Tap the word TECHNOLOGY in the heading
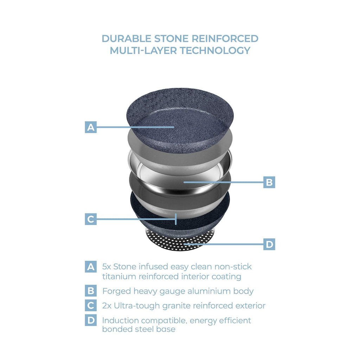(215, 51)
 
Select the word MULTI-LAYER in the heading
(143, 51)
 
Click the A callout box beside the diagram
(91, 127)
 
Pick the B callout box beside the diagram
(269, 182)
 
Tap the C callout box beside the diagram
(91, 219)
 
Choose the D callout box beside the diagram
(269, 244)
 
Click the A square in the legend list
(91, 266)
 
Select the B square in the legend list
(91, 291)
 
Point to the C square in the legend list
(91, 306)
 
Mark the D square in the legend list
(91, 320)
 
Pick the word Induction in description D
(120, 320)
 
